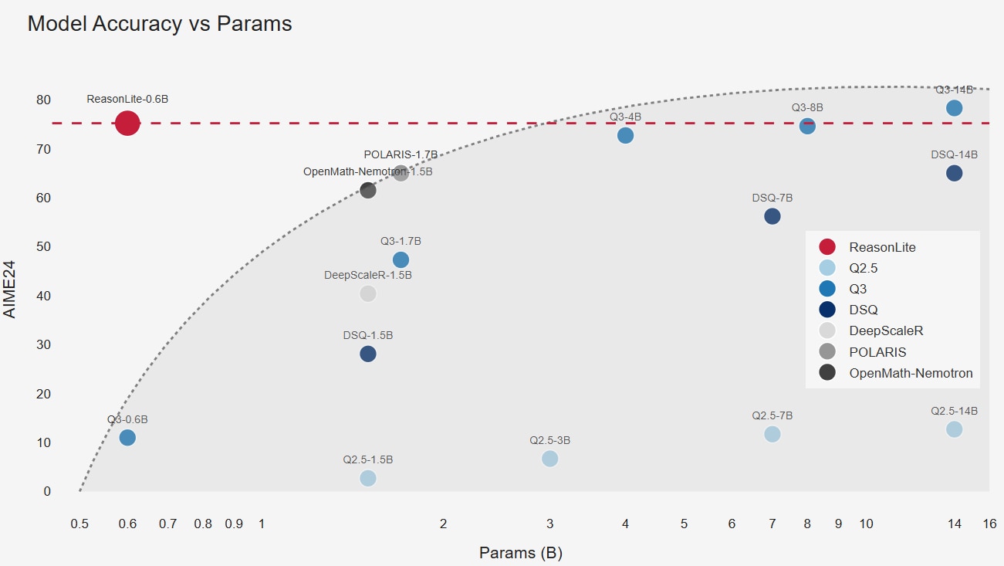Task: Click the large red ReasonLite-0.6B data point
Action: [x=127, y=123]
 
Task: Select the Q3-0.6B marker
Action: [x=127, y=438]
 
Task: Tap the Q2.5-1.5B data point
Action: [x=368, y=478]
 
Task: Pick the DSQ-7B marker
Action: [x=772, y=216]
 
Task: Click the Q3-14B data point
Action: [x=954, y=108]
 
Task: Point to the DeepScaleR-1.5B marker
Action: [x=368, y=293]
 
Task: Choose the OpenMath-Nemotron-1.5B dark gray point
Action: [x=368, y=190]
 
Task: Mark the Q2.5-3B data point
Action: [x=550, y=459]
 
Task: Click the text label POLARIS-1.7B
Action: [x=401, y=154]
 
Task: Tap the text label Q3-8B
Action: [x=807, y=107]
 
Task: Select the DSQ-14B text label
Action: [x=954, y=154]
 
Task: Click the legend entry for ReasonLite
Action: [x=882, y=247]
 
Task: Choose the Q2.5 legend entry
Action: [x=863, y=268]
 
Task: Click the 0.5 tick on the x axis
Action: [x=79, y=524]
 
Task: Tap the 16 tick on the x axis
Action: [x=989, y=524]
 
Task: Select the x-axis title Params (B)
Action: [x=520, y=553]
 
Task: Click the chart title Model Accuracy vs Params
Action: [x=160, y=23]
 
